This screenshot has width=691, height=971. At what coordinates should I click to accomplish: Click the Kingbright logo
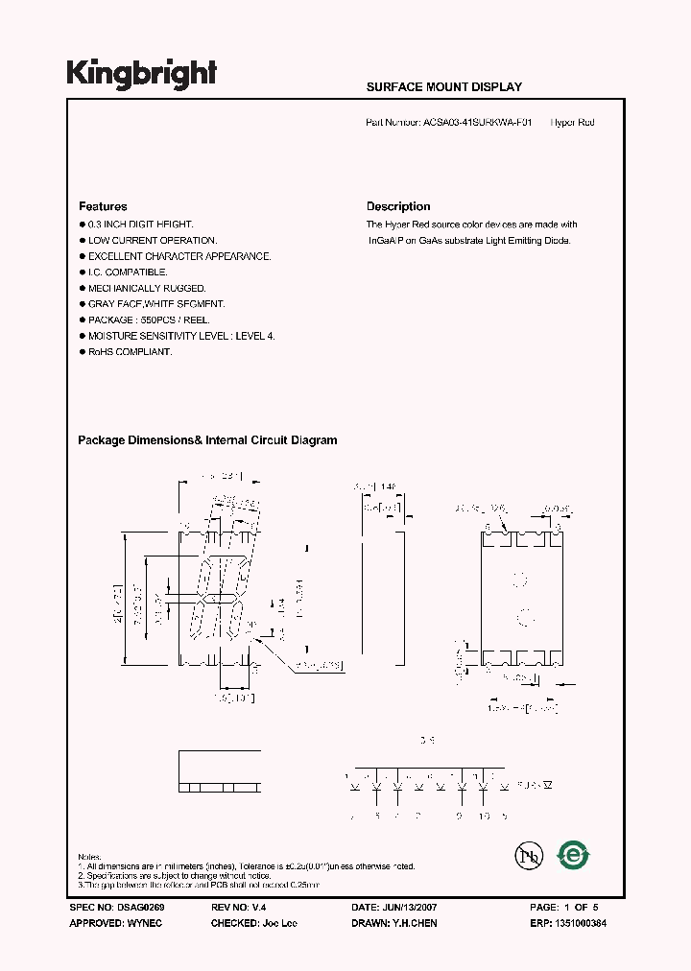coord(141,74)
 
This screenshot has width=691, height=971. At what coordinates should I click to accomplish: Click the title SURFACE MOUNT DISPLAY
coord(444,86)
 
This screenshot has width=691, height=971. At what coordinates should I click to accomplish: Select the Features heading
coord(103,206)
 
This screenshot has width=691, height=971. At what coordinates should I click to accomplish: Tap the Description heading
coord(398,206)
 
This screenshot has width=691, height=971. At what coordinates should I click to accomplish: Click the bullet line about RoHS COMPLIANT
coord(130,352)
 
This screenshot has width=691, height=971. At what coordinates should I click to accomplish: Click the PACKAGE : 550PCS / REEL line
coord(148,320)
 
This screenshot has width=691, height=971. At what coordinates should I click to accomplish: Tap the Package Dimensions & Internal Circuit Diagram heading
coord(207,440)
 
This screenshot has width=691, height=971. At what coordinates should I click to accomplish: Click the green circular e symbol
coord(574,853)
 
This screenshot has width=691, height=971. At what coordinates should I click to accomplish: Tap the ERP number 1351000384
coord(574,922)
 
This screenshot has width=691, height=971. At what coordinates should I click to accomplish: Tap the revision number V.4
coord(256,907)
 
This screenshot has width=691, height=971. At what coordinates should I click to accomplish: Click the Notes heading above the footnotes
coord(89,857)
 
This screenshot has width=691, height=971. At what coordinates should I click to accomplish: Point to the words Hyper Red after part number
coord(573,123)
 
